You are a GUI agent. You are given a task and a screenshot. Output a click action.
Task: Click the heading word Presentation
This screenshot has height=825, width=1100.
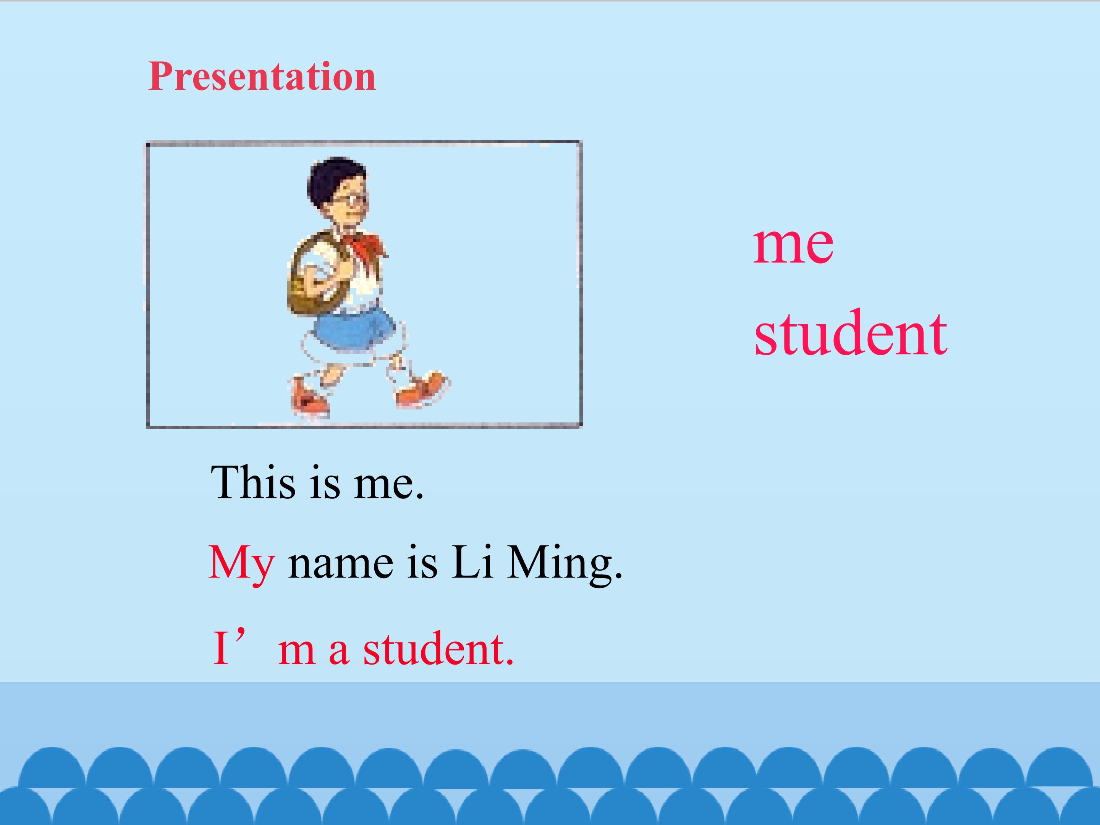click(262, 77)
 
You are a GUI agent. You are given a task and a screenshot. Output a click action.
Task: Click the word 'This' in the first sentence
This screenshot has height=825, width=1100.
click(253, 482)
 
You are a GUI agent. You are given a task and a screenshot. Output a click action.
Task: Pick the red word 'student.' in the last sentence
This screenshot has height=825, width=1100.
click(438, 649)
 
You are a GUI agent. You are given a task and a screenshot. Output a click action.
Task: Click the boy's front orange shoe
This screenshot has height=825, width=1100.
click(423, 389)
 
